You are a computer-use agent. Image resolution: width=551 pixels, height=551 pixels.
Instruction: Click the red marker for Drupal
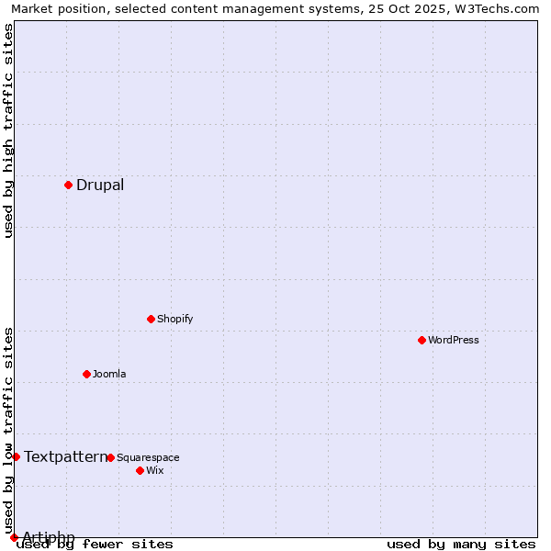[x=68, y=185]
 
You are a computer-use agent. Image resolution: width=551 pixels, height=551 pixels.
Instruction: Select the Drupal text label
[x=100, y=185]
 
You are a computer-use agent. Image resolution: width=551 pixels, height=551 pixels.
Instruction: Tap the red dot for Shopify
[x=151, y=319]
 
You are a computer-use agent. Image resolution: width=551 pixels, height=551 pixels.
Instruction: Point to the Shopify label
[x=174, y=319]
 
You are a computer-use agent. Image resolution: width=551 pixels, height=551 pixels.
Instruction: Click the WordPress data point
[x=422, y=340]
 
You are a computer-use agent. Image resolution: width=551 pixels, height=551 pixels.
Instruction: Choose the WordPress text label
[x=454, y=340]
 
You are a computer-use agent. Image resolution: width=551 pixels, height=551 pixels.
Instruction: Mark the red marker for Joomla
[x=86, y=374]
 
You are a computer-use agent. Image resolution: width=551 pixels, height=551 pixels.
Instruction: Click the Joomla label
[x=109, y=374]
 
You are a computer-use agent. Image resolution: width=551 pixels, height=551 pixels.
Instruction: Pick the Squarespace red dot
[x=110, y=457]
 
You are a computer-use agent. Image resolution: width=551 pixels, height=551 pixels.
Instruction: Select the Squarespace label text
[x=148, y=457]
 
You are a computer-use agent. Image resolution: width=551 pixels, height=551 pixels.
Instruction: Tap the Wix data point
[x=140, y=470]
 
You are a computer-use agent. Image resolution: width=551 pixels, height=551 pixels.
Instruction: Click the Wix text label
[x=154, y=470]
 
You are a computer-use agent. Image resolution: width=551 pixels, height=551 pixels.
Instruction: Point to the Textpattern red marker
[x=16, y=456]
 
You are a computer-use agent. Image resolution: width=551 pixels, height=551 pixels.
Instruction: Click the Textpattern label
[x=65, y=456]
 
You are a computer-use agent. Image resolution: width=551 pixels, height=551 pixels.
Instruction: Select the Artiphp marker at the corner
[x=14, y=537]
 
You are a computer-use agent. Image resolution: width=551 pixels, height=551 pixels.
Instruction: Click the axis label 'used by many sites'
[x=461, y=545]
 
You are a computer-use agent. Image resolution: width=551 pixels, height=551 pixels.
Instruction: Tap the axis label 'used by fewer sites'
[x=96, y=545]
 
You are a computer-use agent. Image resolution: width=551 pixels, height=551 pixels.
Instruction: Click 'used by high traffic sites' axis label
[x=8, y=130]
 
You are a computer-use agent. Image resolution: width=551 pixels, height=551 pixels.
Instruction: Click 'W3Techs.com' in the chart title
[x=497, y=8]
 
